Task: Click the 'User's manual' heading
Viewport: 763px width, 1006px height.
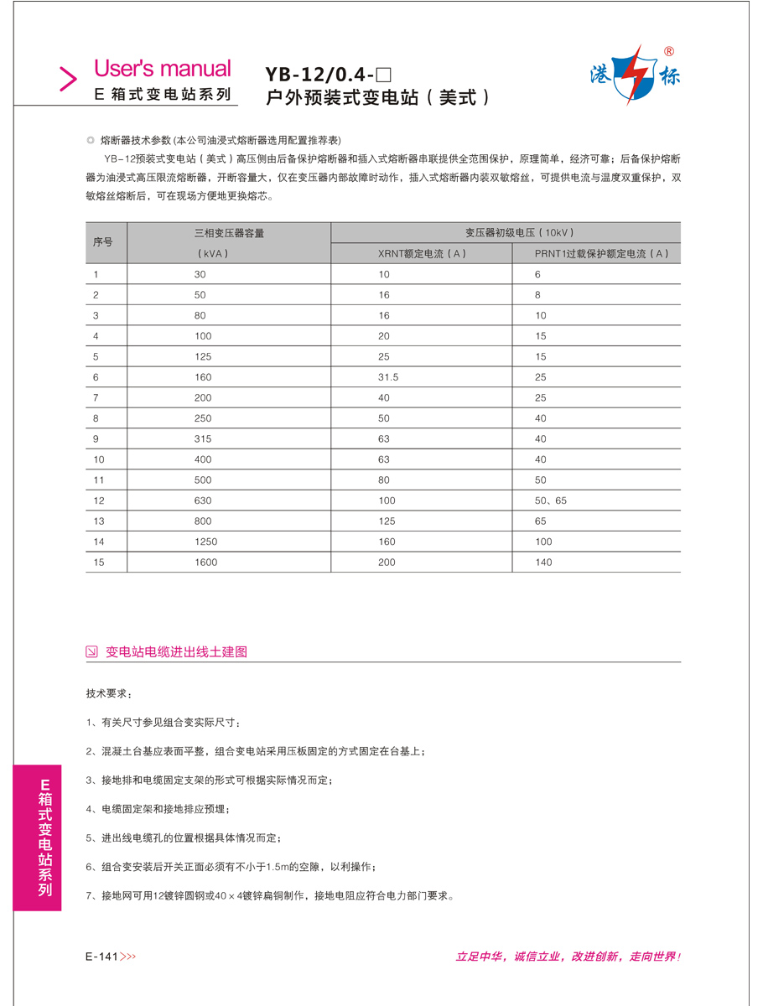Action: [x=162, y=69]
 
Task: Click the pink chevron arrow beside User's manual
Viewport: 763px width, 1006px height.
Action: [x=68, y=78]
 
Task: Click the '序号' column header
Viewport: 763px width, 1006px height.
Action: [x=103, y=242]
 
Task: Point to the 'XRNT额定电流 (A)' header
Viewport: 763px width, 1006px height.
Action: [x=421, y=253]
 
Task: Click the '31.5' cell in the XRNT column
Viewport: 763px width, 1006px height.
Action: [x=388, y=377]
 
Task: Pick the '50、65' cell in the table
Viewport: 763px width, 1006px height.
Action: [x=551, y=500]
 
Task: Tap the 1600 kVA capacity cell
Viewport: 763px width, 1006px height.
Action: [x=205, y=562]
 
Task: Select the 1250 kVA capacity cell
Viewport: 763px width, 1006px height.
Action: [x=205, y=542]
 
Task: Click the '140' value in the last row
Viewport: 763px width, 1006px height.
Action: [x=543, y=562]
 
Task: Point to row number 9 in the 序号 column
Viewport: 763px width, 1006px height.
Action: [x=96, y=438]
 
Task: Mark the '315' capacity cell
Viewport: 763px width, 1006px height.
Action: [x=203, y=438]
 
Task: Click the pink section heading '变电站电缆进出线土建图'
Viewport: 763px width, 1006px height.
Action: [x=176, y=651]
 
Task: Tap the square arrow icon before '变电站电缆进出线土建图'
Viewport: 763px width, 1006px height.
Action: [x=92, y=651]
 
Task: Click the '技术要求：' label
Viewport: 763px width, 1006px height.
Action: [x=108, y=694]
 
